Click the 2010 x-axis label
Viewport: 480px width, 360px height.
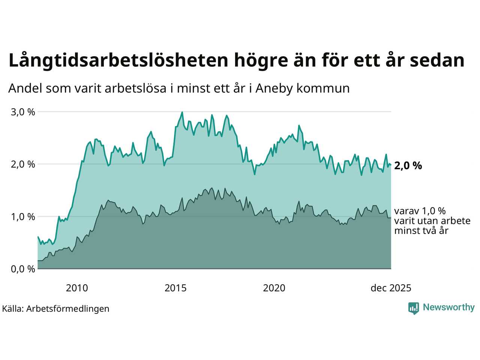[x=77, y=288]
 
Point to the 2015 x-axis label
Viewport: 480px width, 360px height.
[x=175, y=288]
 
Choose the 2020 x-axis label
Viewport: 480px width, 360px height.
[x=274, y=288]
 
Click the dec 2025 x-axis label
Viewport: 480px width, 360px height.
[x=391, y=288]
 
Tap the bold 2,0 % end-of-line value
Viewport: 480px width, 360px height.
[x=408, y=166]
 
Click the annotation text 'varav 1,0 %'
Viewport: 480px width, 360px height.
[x=420, y=211]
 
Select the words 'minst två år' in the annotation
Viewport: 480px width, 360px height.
[x=421, y=231]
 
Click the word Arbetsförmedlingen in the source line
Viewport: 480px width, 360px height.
[x=68, y=309]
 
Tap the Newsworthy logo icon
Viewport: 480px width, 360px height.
[x=414, y=308]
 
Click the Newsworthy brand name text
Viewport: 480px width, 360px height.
[x=448, y=307]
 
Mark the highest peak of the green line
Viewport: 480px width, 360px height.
[x=182, y=112]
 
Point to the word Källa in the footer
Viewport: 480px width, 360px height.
[x=13, y=309]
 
